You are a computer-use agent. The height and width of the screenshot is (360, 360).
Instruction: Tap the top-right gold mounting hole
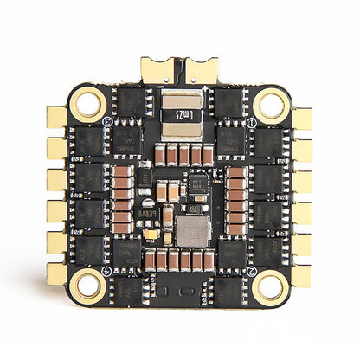271,106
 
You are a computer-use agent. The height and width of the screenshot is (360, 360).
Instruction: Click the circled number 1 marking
251,124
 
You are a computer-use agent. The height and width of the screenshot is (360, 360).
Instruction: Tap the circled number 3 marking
107,124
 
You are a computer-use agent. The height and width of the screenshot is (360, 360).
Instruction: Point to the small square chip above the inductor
197,183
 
